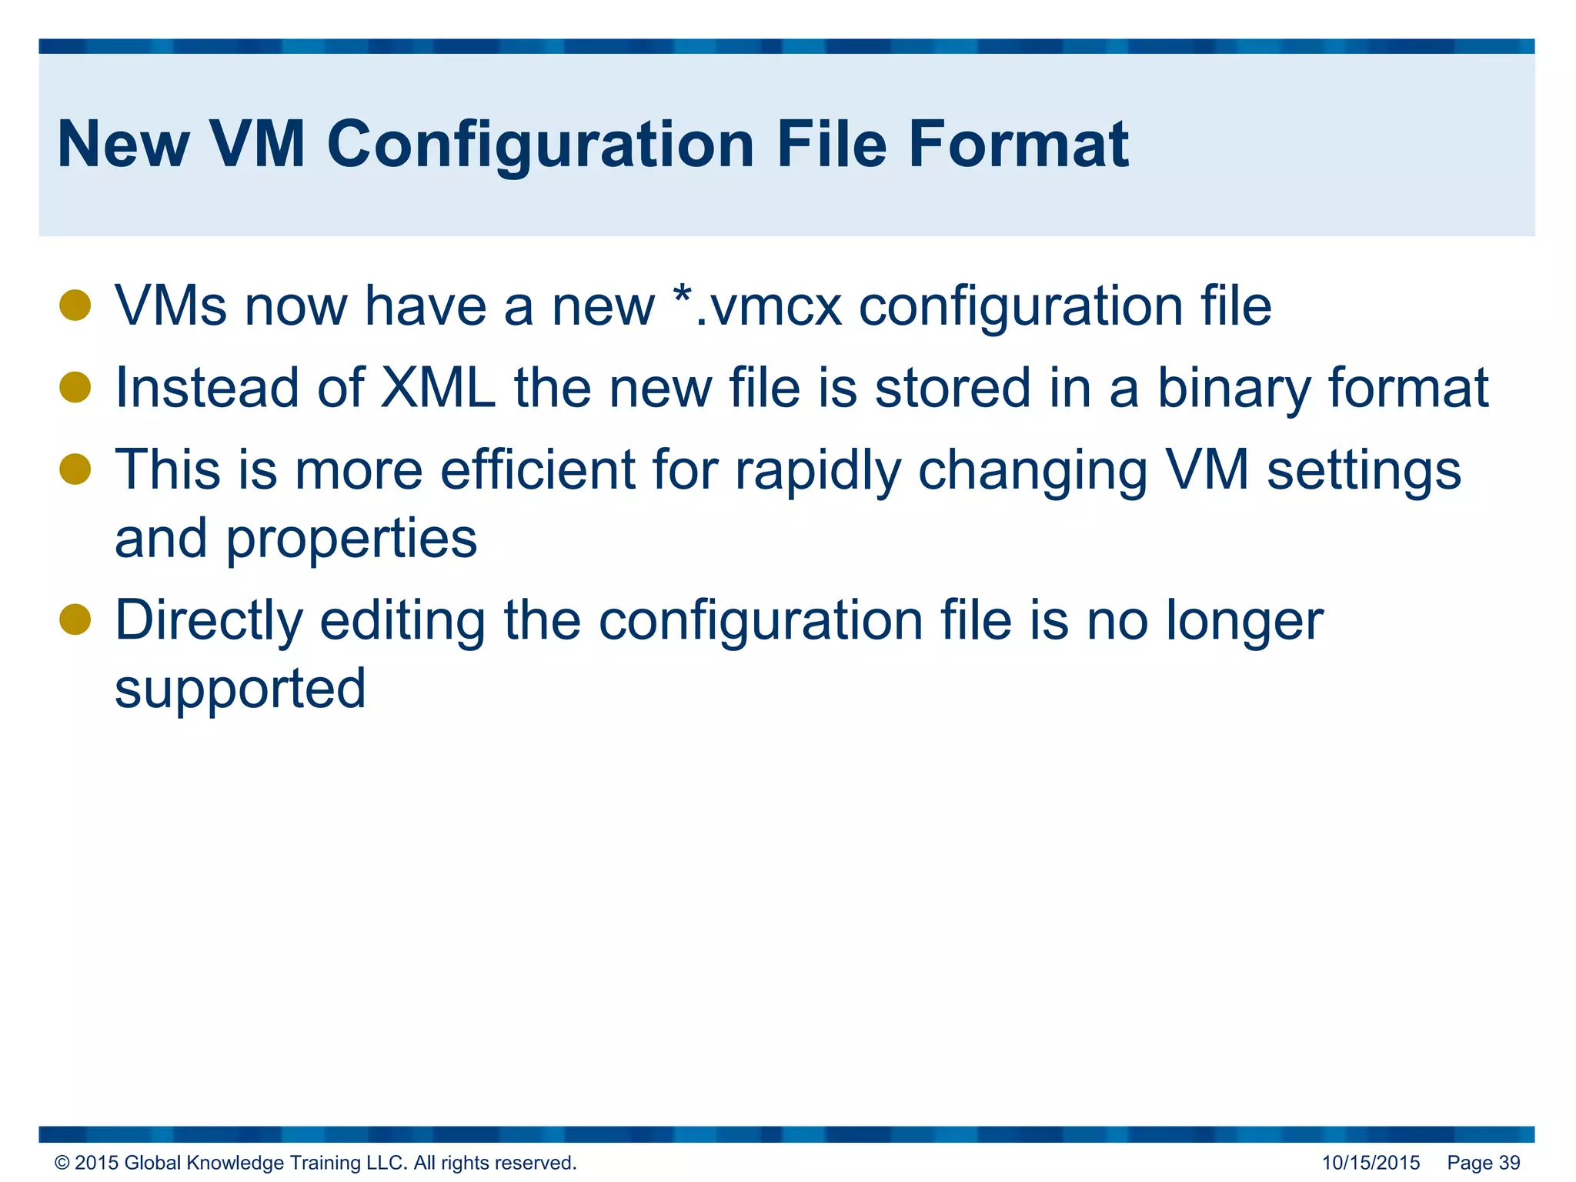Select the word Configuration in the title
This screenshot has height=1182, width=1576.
pos(540,146)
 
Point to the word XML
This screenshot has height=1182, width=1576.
pos(439,387)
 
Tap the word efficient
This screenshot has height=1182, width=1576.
pos(538,469)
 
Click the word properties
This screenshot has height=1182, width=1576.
pos(351,539)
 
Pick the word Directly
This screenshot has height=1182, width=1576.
pos(209,621)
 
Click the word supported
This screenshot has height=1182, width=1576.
pos(240,689)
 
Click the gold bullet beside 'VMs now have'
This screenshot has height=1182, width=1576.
pos(75,305)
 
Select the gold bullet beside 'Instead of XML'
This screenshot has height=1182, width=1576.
pos(75,387)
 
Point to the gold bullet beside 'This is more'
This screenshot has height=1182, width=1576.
pos(75,469)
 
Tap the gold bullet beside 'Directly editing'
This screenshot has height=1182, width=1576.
pos(75,619)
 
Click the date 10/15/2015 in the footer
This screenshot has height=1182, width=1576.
pos(1371,1163)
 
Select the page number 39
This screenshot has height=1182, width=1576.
pos(1509,1163)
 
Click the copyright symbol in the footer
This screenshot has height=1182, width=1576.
pos(62,1163)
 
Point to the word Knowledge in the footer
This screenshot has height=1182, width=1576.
pos(235,1163)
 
